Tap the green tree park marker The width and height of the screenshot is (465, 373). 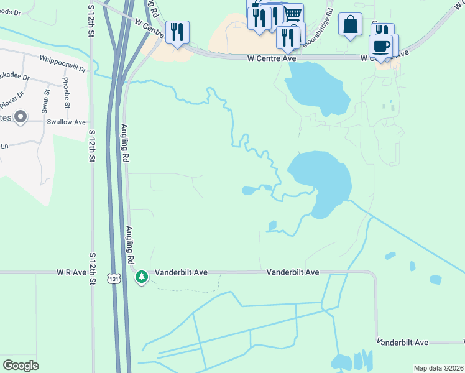click(x=142, y=275)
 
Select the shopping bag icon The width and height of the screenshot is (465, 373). click(x=350, y=25)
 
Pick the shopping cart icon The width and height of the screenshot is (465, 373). click(x=293, y=14)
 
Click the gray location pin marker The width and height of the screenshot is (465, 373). click(x=21, y=116)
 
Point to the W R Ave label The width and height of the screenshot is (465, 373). click(x=71, y=272)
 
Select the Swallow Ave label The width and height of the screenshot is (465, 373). click(x=66, y=122)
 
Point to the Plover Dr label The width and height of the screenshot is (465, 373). click(x=11, y=98)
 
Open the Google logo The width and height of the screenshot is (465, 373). click(x=21, y=365)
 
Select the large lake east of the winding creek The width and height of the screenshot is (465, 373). click(x=320, y=180)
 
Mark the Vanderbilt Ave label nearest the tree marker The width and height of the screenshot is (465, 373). click(x=181, y=272)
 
